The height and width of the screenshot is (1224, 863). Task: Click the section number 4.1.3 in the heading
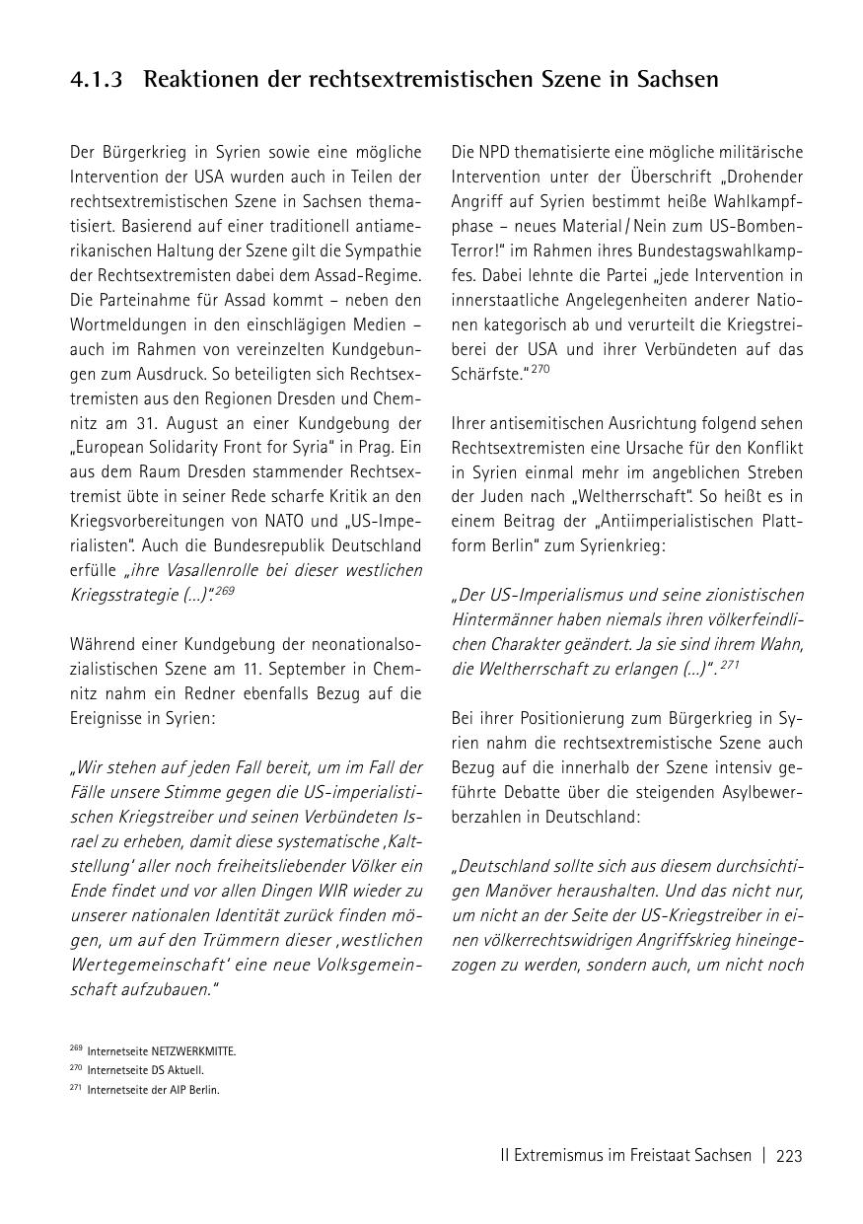[97, 80]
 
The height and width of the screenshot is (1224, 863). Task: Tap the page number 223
[789, 1156]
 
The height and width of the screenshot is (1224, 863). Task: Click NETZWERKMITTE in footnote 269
[193, 1051]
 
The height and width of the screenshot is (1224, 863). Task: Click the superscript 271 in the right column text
[729, 665]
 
